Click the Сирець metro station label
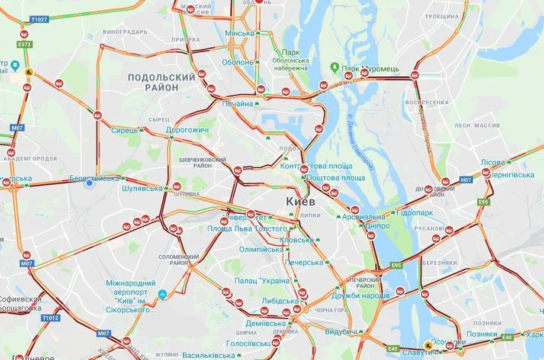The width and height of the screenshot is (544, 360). tap(124, 130)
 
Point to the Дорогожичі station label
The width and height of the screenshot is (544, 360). tap(187, 130)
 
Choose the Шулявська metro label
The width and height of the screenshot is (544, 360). tap(141, 188)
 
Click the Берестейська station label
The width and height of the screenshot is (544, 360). tap(94, 178)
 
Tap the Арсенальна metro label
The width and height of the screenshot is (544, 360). tap(363, 217)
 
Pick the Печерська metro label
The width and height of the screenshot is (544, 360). tap(304, 262)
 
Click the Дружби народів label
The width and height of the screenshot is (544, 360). tap(360, 295)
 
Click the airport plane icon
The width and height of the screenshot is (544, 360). tap(163, 294)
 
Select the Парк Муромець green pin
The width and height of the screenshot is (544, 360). tap(335, 68)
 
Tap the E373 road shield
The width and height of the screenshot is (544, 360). tap(24, 44)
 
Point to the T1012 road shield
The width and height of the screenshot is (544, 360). tap(50, 318)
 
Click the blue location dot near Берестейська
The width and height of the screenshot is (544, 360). tap(89, 184)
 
